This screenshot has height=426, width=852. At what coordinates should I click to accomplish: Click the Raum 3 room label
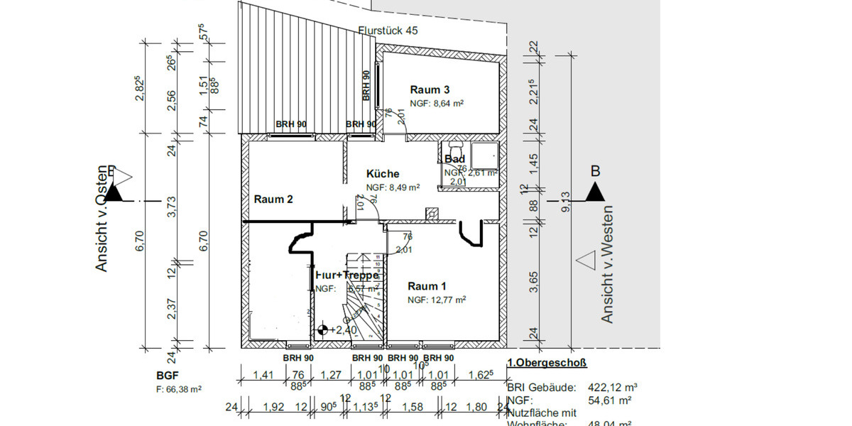(x=430, y=90)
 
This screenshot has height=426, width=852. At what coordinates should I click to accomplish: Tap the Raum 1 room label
(x=427, y=286)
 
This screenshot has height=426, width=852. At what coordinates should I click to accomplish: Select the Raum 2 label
(x=273, y=200)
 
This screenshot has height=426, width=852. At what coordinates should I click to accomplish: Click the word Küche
(x=383, y=174)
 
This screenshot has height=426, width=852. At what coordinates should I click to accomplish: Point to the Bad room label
(x=454, y=160)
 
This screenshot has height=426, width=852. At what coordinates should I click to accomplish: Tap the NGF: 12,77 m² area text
(x=436, y=300)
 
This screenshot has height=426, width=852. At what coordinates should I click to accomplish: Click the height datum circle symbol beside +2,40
(x=323, y=329)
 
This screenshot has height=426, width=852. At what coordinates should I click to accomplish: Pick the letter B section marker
(x=595, y=171)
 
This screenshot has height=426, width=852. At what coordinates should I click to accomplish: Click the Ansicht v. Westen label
(x=607, y=264)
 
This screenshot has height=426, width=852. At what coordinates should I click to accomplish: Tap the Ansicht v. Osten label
(x=102, y=218)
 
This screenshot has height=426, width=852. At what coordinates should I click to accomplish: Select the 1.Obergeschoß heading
(x=547, y=364)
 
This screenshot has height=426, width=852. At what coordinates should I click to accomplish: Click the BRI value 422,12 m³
(x=613, y=388)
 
